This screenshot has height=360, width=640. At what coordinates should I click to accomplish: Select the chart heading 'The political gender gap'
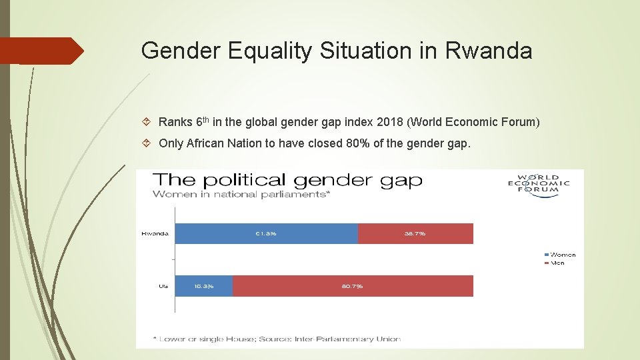pyautogui.click(x=287, y=180)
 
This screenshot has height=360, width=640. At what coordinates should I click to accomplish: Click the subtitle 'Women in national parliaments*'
pyautogui.click(x=241, y=194)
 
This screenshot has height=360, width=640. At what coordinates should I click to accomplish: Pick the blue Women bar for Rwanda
pyautogui.click(x=266, y=233)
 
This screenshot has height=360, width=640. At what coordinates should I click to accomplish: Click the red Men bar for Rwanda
pyautogui.click(x=415, y=233)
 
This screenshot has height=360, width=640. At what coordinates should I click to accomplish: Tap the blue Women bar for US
pyautogui.click(x=204, y=286)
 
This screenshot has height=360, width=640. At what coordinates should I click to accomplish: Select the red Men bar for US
pyautogui.click(x=353, y=286)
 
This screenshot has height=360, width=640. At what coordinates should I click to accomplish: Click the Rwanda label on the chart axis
pyautogui.click(x=155, y=233)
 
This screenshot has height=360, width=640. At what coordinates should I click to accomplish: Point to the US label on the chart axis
pyautogui.click(x=163, y=286)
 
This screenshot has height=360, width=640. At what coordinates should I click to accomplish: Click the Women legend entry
pyautogui.click(x=560, y=255)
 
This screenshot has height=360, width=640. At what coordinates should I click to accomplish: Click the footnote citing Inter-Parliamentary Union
pyautogui.click(x=277, y=339)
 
